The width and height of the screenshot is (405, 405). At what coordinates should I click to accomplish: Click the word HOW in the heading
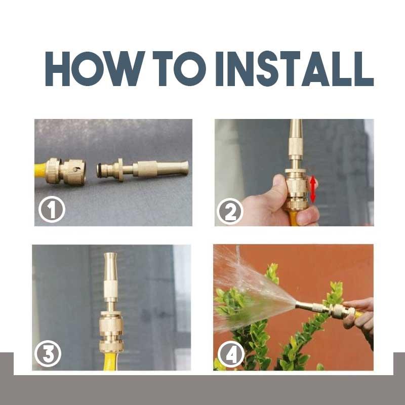[95, 69]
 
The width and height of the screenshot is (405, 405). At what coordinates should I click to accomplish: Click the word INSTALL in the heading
[295, 69]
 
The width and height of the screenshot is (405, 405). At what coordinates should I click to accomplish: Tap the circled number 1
[52, 209]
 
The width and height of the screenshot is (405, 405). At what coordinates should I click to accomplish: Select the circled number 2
[230, 211]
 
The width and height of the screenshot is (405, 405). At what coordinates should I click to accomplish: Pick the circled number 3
[48, 354]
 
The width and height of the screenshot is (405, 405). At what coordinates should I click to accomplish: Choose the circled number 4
[231, 354]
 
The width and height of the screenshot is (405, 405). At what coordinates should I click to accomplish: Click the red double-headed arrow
[313, 189]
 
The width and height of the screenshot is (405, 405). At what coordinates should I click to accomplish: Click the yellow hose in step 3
[111, 360]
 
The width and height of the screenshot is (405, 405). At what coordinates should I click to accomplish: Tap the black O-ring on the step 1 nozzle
[99, 170]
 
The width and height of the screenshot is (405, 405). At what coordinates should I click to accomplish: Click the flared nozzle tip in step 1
[185, 168]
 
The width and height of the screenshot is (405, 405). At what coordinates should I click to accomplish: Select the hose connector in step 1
[66, 171]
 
